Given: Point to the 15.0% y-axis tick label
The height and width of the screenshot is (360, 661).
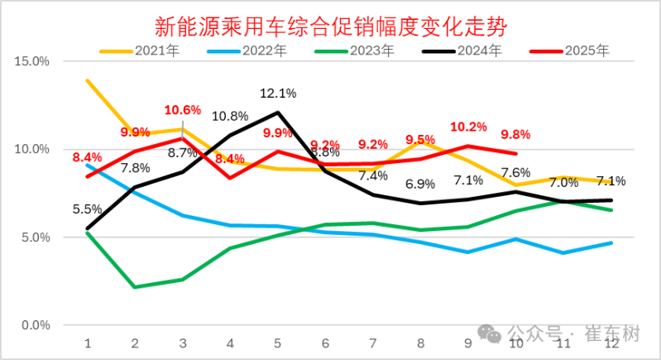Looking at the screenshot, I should (32, 61).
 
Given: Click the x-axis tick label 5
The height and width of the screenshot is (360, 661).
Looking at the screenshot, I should (278, 342).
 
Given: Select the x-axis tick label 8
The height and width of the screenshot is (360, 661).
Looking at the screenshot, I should (421, 342).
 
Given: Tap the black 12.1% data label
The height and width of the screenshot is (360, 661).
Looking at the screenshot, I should (278, 94).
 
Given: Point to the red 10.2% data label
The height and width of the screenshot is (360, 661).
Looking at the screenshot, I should (468, 127).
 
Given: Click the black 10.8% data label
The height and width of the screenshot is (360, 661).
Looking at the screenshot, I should (230, 116).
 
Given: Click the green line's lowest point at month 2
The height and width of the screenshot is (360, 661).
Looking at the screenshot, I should (135, 287).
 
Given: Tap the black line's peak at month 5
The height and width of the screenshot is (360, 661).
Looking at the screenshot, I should (278, 113).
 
